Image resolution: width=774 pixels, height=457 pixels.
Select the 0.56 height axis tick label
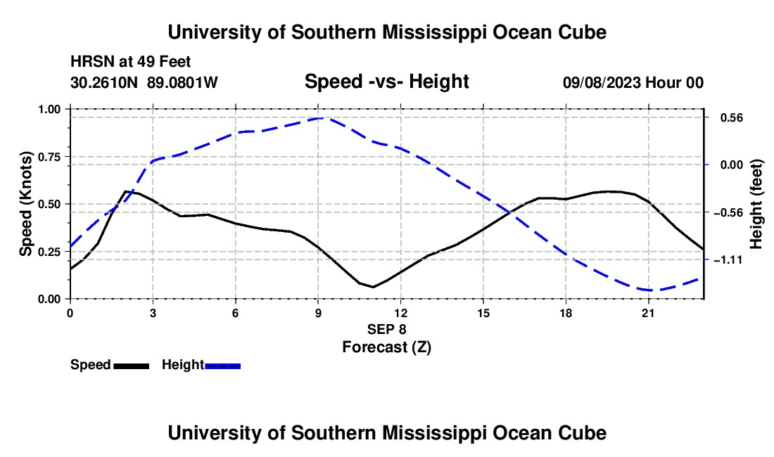[x=732, y=118]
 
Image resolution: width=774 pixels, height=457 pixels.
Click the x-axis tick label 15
[x=483, y=313]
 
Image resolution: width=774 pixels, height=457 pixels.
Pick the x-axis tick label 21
[x=648, y=313]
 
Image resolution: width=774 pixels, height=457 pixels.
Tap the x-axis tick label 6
[x=236, y=313]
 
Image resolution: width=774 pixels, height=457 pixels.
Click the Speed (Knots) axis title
[x=25, y=204]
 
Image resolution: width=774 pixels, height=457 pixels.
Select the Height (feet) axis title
[x=756, y=204]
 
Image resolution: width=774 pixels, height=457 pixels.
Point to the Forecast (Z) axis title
[x=387, y=347]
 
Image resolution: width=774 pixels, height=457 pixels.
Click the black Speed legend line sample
[x=132, y=366]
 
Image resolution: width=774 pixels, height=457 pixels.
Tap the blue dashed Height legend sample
[x=222, y=366]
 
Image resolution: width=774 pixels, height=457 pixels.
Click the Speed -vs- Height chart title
[x=387, y=82]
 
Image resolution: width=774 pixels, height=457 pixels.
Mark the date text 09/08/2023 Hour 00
[x=633, y=82]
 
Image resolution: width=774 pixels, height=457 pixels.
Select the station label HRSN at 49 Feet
[x=130, y=62]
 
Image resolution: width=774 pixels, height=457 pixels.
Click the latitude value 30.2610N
[x=104, y=82]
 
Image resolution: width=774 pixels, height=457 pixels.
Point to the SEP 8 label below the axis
[x=387, y=329]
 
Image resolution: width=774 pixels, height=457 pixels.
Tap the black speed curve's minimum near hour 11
[x=373, y=287]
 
